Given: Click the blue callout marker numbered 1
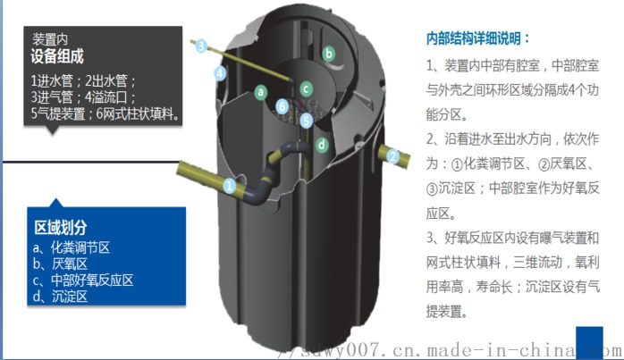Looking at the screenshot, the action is coord(229,186).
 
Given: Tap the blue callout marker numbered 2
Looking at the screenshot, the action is coord(392,156).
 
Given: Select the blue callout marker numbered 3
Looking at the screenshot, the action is coord(201,46).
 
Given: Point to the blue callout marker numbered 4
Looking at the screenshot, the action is coord(220,72).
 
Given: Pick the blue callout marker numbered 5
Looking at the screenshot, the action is coord(306,120).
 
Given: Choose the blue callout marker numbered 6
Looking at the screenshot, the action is coord(282,106).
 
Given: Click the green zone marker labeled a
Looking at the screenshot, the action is coord(261,92).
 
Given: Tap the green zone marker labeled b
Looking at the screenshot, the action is coord(329,54).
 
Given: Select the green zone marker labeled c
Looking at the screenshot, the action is coord(306,88).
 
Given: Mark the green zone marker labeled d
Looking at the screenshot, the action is coord(322,145).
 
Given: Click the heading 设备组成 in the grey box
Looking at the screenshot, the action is coord(57,56).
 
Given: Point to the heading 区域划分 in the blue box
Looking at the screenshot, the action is coord(61,228).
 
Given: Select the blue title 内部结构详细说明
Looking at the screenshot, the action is coord(477,38).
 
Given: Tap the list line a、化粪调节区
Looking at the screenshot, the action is coord(72,247).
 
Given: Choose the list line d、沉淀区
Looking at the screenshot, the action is coord(60,297).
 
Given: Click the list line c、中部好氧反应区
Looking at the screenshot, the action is coord(83,280).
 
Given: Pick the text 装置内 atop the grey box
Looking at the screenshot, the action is coord(50,39).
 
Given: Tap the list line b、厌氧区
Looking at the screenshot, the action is coord(60,264).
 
